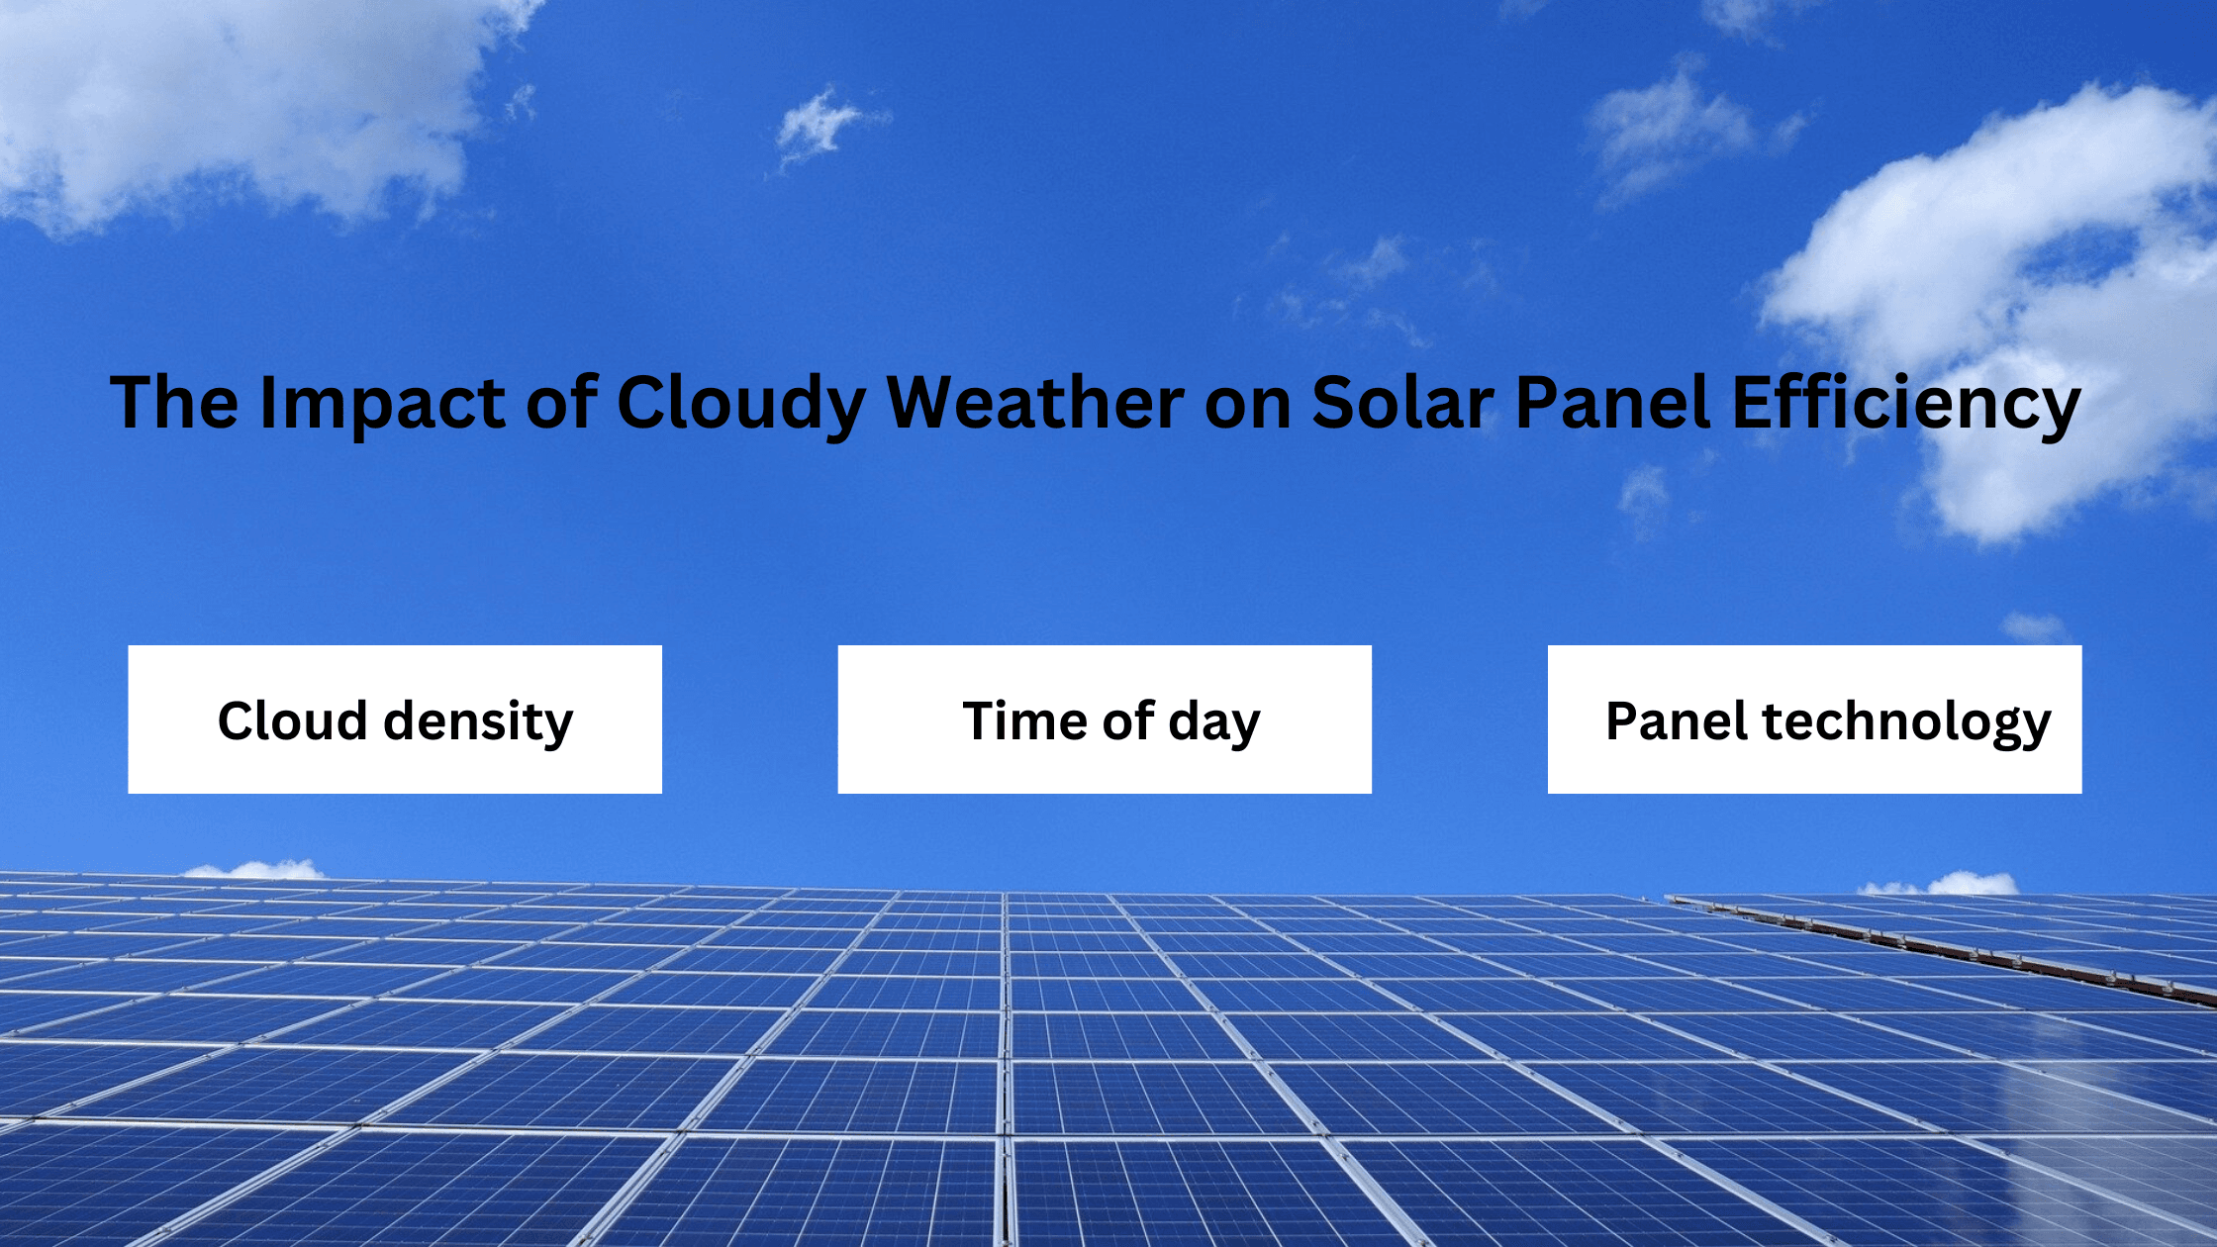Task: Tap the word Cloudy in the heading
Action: [741, 403]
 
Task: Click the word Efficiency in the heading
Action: [1905, 403]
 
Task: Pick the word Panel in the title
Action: [1613, 403]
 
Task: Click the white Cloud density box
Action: [395, 719]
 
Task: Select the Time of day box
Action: [1105, 719]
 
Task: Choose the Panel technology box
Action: [1814, 719]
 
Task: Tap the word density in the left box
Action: [478, 722]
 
